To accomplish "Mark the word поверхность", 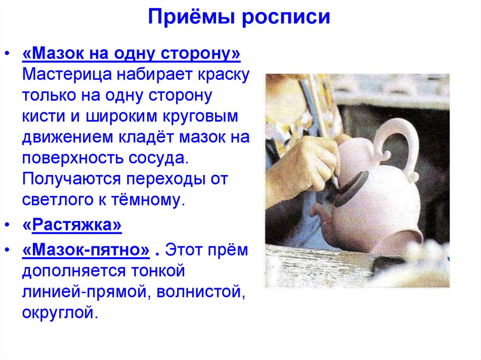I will click(x=72, y=158).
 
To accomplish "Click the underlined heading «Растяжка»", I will click(x=72, y=226).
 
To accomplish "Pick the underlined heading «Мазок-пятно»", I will click(x=85, y=251).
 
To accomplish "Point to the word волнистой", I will click(x=197, y=292).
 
